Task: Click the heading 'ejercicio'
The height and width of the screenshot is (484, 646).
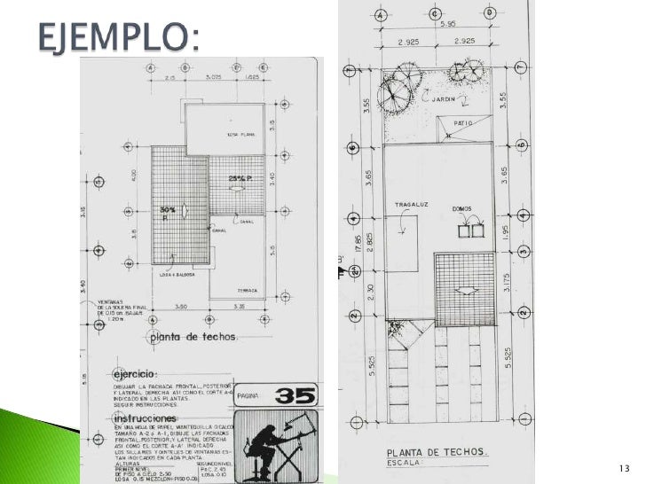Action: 135,374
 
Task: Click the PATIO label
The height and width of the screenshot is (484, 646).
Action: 463,122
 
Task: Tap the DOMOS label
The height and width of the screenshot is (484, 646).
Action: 462,209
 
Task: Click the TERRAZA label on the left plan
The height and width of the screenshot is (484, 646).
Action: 246,290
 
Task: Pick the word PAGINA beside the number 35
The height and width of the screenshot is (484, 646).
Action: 248,386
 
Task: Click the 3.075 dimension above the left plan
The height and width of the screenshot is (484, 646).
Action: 213,78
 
